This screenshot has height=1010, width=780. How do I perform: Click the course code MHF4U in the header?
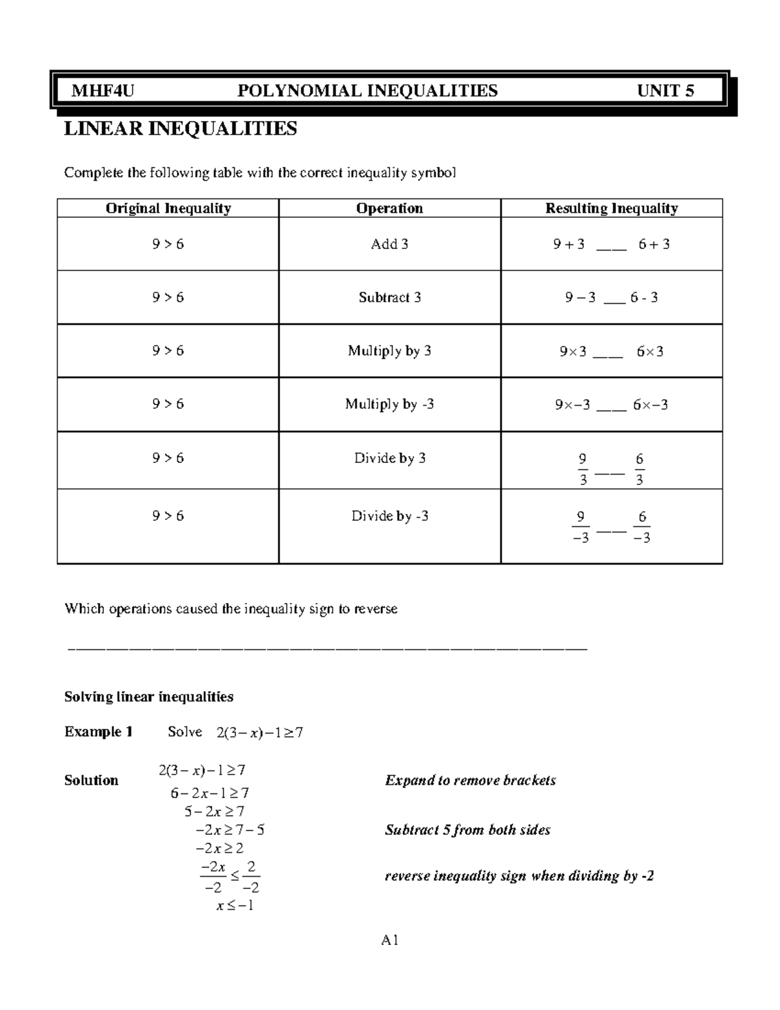(x=103, y=90)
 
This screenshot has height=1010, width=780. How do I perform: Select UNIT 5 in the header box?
(x=666, y=90)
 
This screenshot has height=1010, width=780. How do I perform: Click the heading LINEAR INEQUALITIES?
(x=180, y=129)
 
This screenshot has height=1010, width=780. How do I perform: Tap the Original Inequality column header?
(x=168, y=208)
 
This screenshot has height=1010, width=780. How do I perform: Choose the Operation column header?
(x=389, y=208)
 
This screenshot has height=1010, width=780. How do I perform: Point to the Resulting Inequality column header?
(x=611, y=208)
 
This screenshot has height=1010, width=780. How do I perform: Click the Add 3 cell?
(x=389, y=245)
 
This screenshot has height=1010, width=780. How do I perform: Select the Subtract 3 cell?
(x=389, y=298)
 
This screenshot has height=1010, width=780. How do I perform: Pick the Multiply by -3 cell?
(x=389, y=405)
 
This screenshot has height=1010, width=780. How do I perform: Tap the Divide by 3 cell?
(x=389, y=458)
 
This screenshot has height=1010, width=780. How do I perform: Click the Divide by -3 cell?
(x=389, y=516)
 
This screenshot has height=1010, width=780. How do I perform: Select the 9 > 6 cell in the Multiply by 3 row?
(x=168, y=351)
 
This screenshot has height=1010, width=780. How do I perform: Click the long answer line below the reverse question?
(x=328, y=648)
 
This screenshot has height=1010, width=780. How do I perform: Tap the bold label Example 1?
(x=98, y=732)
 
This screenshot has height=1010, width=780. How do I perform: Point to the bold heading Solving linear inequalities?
(x=149, y=697)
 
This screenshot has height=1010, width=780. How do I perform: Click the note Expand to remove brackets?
(x=470, y=780)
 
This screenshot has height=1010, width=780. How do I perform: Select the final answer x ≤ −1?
(x=235, y=905)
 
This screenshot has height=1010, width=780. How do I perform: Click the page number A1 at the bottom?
(x=390, y=940)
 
